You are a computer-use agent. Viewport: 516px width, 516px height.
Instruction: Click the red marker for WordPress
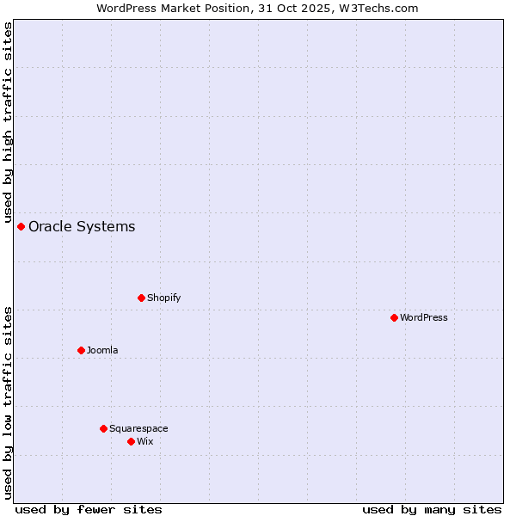pos(394,317)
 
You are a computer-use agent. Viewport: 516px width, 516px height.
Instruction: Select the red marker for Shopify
pos(141,298)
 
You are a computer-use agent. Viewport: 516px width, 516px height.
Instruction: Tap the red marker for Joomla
pos(81,350)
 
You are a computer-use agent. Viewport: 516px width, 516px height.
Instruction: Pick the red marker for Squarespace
pos(103,428)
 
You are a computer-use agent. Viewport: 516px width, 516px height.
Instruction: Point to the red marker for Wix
pos(131,441)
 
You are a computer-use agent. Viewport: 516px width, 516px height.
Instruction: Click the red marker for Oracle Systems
pos(21,226)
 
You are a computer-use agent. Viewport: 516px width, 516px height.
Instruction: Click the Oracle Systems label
pos(82,227)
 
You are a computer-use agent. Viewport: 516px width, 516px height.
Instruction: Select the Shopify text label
pos(163,298)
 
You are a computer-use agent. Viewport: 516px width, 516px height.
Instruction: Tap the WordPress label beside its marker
pos(424,317)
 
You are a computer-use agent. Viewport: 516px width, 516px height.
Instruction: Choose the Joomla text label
pos(102,350)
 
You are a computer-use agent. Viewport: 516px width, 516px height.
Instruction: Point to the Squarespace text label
pos(138,428)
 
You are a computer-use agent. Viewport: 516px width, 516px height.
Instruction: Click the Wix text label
pos(144,441)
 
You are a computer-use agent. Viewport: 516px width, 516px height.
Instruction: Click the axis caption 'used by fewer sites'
pos(89,509)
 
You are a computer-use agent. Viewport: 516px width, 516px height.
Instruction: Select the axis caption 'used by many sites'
pos(432,509)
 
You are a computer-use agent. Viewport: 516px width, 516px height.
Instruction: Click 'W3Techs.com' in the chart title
pos(379,8)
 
